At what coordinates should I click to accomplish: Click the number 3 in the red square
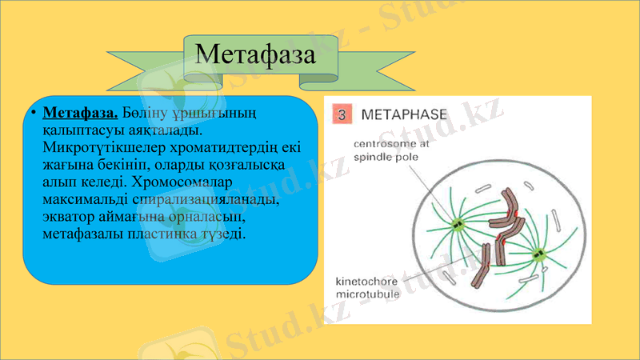(341, 114)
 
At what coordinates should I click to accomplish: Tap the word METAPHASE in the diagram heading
(406, 114)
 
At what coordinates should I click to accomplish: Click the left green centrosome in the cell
(458, 225)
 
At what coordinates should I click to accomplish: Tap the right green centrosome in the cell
(538, 255)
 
